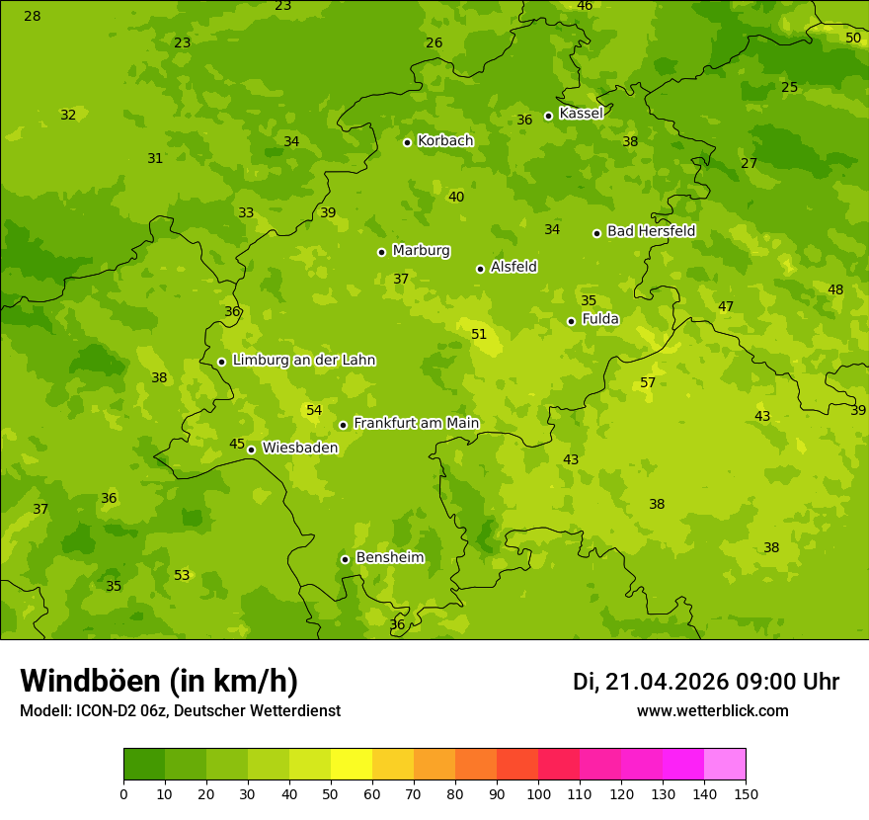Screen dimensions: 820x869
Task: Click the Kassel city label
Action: [581, 114]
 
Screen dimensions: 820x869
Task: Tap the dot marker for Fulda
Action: [571, 321]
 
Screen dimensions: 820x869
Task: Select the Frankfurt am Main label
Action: [416, 423]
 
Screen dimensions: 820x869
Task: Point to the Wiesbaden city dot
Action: [251, 450]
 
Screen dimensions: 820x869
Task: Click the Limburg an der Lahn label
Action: [303, 361]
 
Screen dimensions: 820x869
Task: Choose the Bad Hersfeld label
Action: [651, 231]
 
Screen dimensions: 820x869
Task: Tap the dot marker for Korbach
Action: [407, 142]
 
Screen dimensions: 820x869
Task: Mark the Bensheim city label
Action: [389, 557]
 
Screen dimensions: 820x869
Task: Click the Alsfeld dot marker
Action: [480, 269]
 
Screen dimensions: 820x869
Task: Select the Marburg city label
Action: [421, 250]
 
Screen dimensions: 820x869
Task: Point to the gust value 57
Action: [648, 382]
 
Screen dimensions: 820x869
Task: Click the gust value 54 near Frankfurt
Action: [314, 410]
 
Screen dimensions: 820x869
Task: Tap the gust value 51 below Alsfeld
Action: [479, 334]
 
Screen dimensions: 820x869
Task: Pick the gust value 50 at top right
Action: [853, 38]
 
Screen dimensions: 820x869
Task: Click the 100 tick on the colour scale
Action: [538, 793]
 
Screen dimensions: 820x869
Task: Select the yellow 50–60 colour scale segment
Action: [352, 764]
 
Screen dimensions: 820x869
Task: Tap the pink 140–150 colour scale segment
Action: [725, 764]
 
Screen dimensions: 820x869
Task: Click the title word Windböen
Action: [91, 681]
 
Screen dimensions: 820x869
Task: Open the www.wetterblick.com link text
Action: [712, 710]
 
